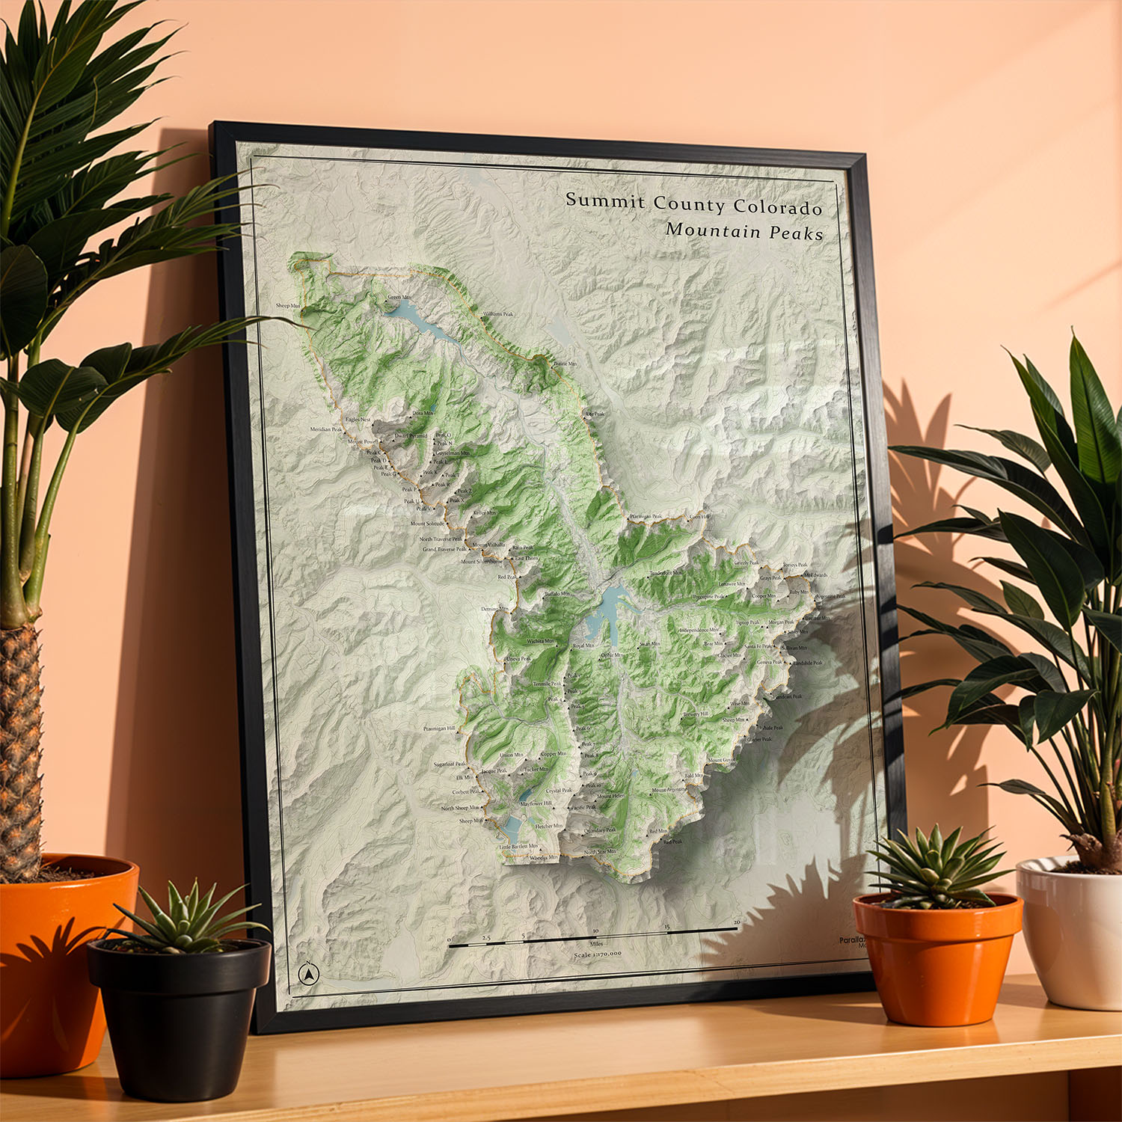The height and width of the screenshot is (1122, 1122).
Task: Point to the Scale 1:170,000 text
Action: (x=598, y=954)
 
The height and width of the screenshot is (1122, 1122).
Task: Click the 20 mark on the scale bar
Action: (x=737, y=922)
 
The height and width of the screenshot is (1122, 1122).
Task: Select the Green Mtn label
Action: (x=399, y=297)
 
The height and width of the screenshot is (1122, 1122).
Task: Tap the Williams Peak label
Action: (x=498, y=314)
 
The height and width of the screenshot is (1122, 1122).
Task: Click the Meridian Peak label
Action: (x=326, y=429)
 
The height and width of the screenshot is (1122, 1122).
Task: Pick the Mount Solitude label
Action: (x=427, y=524)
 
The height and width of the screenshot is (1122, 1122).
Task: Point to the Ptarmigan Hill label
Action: (x=439, y=728)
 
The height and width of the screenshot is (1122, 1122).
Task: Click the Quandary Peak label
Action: (x=601, y=830)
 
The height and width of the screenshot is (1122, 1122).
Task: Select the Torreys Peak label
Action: (x=795, y=565)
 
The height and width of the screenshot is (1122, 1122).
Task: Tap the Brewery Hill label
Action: (x=696, y=714)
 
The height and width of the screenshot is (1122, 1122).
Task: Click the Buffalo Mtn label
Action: (x=557, y=593)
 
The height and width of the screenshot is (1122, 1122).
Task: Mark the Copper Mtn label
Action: (x=554, y=754)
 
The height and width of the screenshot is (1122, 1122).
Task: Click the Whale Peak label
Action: (x=771, y=727)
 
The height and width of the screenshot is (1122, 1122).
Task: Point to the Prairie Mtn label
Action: (x=565, y=364)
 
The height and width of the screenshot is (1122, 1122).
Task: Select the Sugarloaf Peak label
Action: (x=450, y=764)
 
